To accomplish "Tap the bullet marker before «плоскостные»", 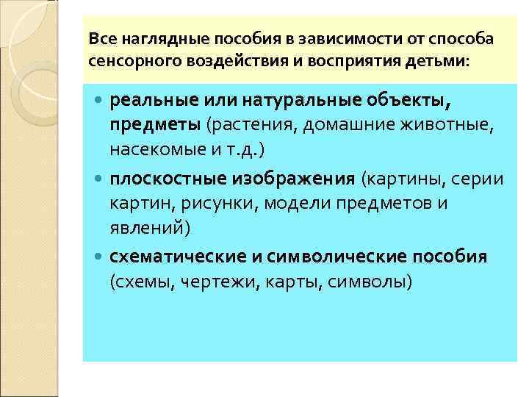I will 100,177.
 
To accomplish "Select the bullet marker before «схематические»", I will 100,257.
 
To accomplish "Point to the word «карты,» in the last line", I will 276,282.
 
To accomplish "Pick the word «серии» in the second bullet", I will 477,177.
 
